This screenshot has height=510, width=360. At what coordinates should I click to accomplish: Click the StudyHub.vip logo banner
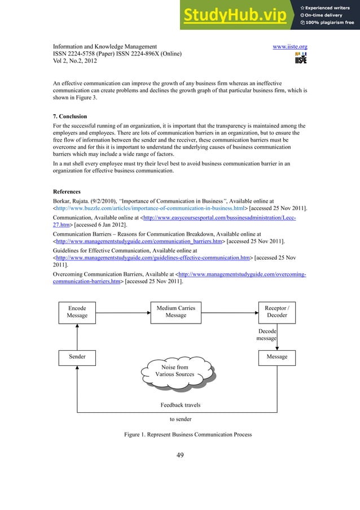(269, 15)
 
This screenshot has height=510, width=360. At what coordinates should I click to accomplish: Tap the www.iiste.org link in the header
(289, 46)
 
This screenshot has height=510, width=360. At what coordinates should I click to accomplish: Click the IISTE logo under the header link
(301, 59)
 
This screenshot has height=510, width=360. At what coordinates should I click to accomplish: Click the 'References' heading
(67, 191)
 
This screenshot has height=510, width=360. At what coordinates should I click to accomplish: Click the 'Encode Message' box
(77, 312)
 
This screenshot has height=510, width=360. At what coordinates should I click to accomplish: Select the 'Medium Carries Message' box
(176, 312)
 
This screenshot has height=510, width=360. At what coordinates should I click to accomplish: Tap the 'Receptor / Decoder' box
(276, 312)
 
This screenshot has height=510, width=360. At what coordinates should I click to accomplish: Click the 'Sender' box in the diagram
(77, 357)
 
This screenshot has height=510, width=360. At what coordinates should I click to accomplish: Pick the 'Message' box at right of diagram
(276, 357)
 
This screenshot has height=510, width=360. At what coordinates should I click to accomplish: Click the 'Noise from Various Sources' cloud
(175, 371)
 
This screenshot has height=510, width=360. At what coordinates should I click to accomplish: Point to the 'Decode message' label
(266, 334)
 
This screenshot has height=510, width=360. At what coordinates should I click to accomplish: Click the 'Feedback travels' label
(181, 405)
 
